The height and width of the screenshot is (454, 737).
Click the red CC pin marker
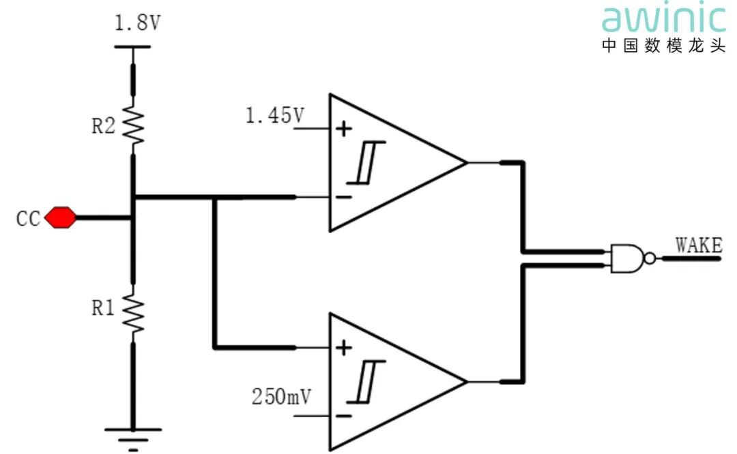coord(60,218)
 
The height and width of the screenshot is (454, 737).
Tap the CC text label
coord(28,220)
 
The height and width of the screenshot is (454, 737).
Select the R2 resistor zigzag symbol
coord(133,125)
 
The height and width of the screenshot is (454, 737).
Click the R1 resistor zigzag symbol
coord(133,314)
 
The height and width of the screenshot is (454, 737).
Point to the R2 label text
coord(103,126)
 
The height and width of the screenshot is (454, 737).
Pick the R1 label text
coord(103,308)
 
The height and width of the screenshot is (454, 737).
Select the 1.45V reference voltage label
coord(274,116)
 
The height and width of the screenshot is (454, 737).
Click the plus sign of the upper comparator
coord(345,127)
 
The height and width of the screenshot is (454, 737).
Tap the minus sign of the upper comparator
coord(345,197)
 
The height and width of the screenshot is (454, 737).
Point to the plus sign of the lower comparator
coord(345,348)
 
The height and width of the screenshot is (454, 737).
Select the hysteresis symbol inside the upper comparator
coord(366,162)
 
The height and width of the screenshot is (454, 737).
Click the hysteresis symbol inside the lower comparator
coord(366,382)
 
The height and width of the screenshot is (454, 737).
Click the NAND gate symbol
coord(628,258)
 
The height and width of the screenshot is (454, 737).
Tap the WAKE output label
coord(698,245)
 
